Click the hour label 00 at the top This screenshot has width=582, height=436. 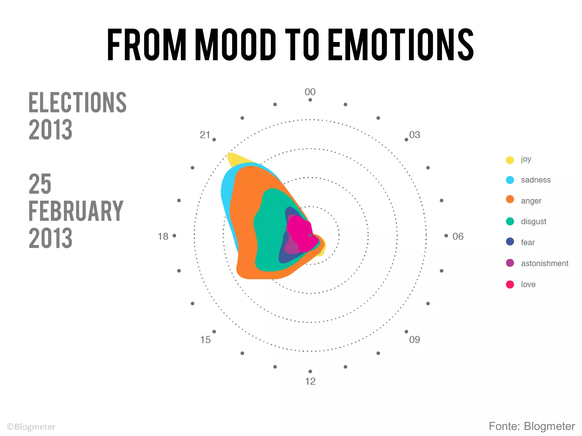pos(310,92)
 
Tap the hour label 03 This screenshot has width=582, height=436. pos(415,135)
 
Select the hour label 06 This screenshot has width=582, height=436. pos(458,236)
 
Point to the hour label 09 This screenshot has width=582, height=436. pos(415,339)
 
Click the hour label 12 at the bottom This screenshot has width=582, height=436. pos(310,381)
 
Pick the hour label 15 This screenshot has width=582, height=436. pos(205,339)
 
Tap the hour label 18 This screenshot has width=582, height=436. pos(163,236)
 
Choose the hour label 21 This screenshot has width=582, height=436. pos(205,135)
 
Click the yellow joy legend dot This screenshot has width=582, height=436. pos(510,160)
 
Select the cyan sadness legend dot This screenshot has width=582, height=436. pos(510,180)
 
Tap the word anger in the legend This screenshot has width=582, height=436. pos(531,201)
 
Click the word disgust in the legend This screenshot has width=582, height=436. pos(533,222)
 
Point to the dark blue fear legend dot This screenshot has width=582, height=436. pos(510,242)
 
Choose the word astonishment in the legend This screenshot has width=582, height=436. pos(544,263)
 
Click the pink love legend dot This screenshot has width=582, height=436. pos(510,284)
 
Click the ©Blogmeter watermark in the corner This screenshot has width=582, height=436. pos(31,427)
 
